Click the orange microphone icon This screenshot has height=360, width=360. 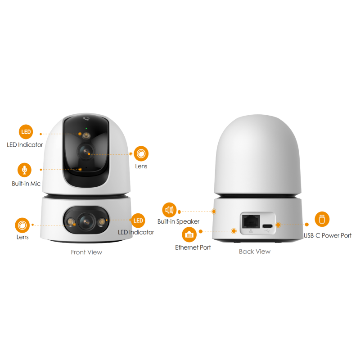24,170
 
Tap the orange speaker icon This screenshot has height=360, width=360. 169,210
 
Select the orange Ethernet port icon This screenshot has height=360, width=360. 189,234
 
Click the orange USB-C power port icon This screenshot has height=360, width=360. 322,219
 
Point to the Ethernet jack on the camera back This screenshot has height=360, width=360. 251,221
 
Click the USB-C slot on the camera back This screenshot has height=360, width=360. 267,226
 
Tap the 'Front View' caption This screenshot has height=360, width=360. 86,252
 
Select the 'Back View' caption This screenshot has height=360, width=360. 255,252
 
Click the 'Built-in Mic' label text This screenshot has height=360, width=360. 26,184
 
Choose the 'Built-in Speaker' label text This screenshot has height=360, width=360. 178,221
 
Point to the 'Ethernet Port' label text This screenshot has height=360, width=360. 193,247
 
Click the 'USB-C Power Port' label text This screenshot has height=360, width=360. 328,235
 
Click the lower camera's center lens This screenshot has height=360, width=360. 86,221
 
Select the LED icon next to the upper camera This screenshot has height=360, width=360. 26,132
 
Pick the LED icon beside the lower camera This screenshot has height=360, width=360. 138,220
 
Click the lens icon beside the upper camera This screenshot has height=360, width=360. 141,153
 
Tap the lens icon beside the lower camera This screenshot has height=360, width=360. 22,225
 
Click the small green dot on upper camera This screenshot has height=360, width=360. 86,128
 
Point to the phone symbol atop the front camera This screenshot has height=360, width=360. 86,119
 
